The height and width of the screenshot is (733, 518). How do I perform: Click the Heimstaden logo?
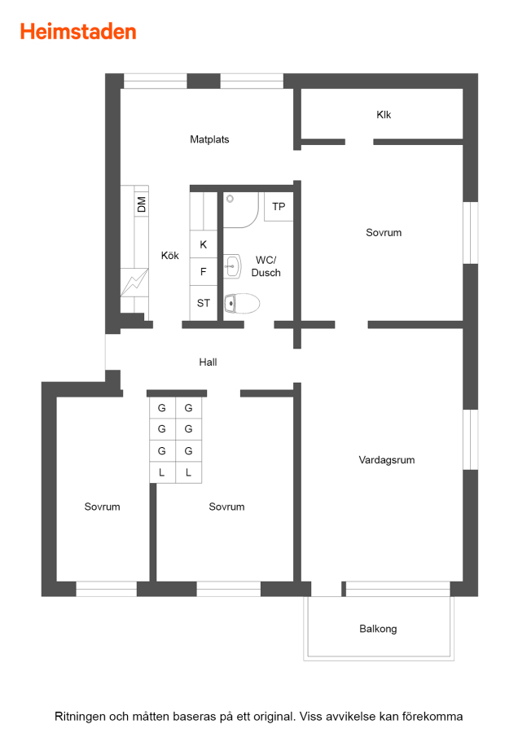click(78, 32)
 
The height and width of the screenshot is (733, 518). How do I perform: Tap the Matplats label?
click(209, 139)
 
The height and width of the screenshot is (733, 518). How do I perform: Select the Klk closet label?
click(384, 115)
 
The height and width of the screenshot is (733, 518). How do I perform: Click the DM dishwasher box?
click(142, 204)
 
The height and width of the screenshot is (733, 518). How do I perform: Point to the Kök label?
click(169, 255)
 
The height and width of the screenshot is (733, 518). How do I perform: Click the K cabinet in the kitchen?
click(204, 244)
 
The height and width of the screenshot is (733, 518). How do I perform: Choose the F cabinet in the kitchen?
click(204, 271)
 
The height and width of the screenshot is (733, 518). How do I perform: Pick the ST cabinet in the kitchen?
click(204, 303)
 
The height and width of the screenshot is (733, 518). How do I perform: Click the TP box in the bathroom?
click(279, 207)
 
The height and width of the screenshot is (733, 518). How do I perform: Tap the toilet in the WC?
click(242, 304)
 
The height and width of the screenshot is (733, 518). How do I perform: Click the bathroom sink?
click(232, 266)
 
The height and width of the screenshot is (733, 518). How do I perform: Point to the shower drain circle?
click(230, 199)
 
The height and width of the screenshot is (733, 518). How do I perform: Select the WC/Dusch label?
click(266, 266)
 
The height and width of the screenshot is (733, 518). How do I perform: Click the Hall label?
click(208, 362)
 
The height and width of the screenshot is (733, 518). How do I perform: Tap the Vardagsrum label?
click(387, 460)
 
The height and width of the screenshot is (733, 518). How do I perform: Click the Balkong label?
click(378, 629)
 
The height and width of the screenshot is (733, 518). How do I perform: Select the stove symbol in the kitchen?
click(134, 283)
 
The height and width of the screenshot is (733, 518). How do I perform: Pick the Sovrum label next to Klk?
click(384, 232)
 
